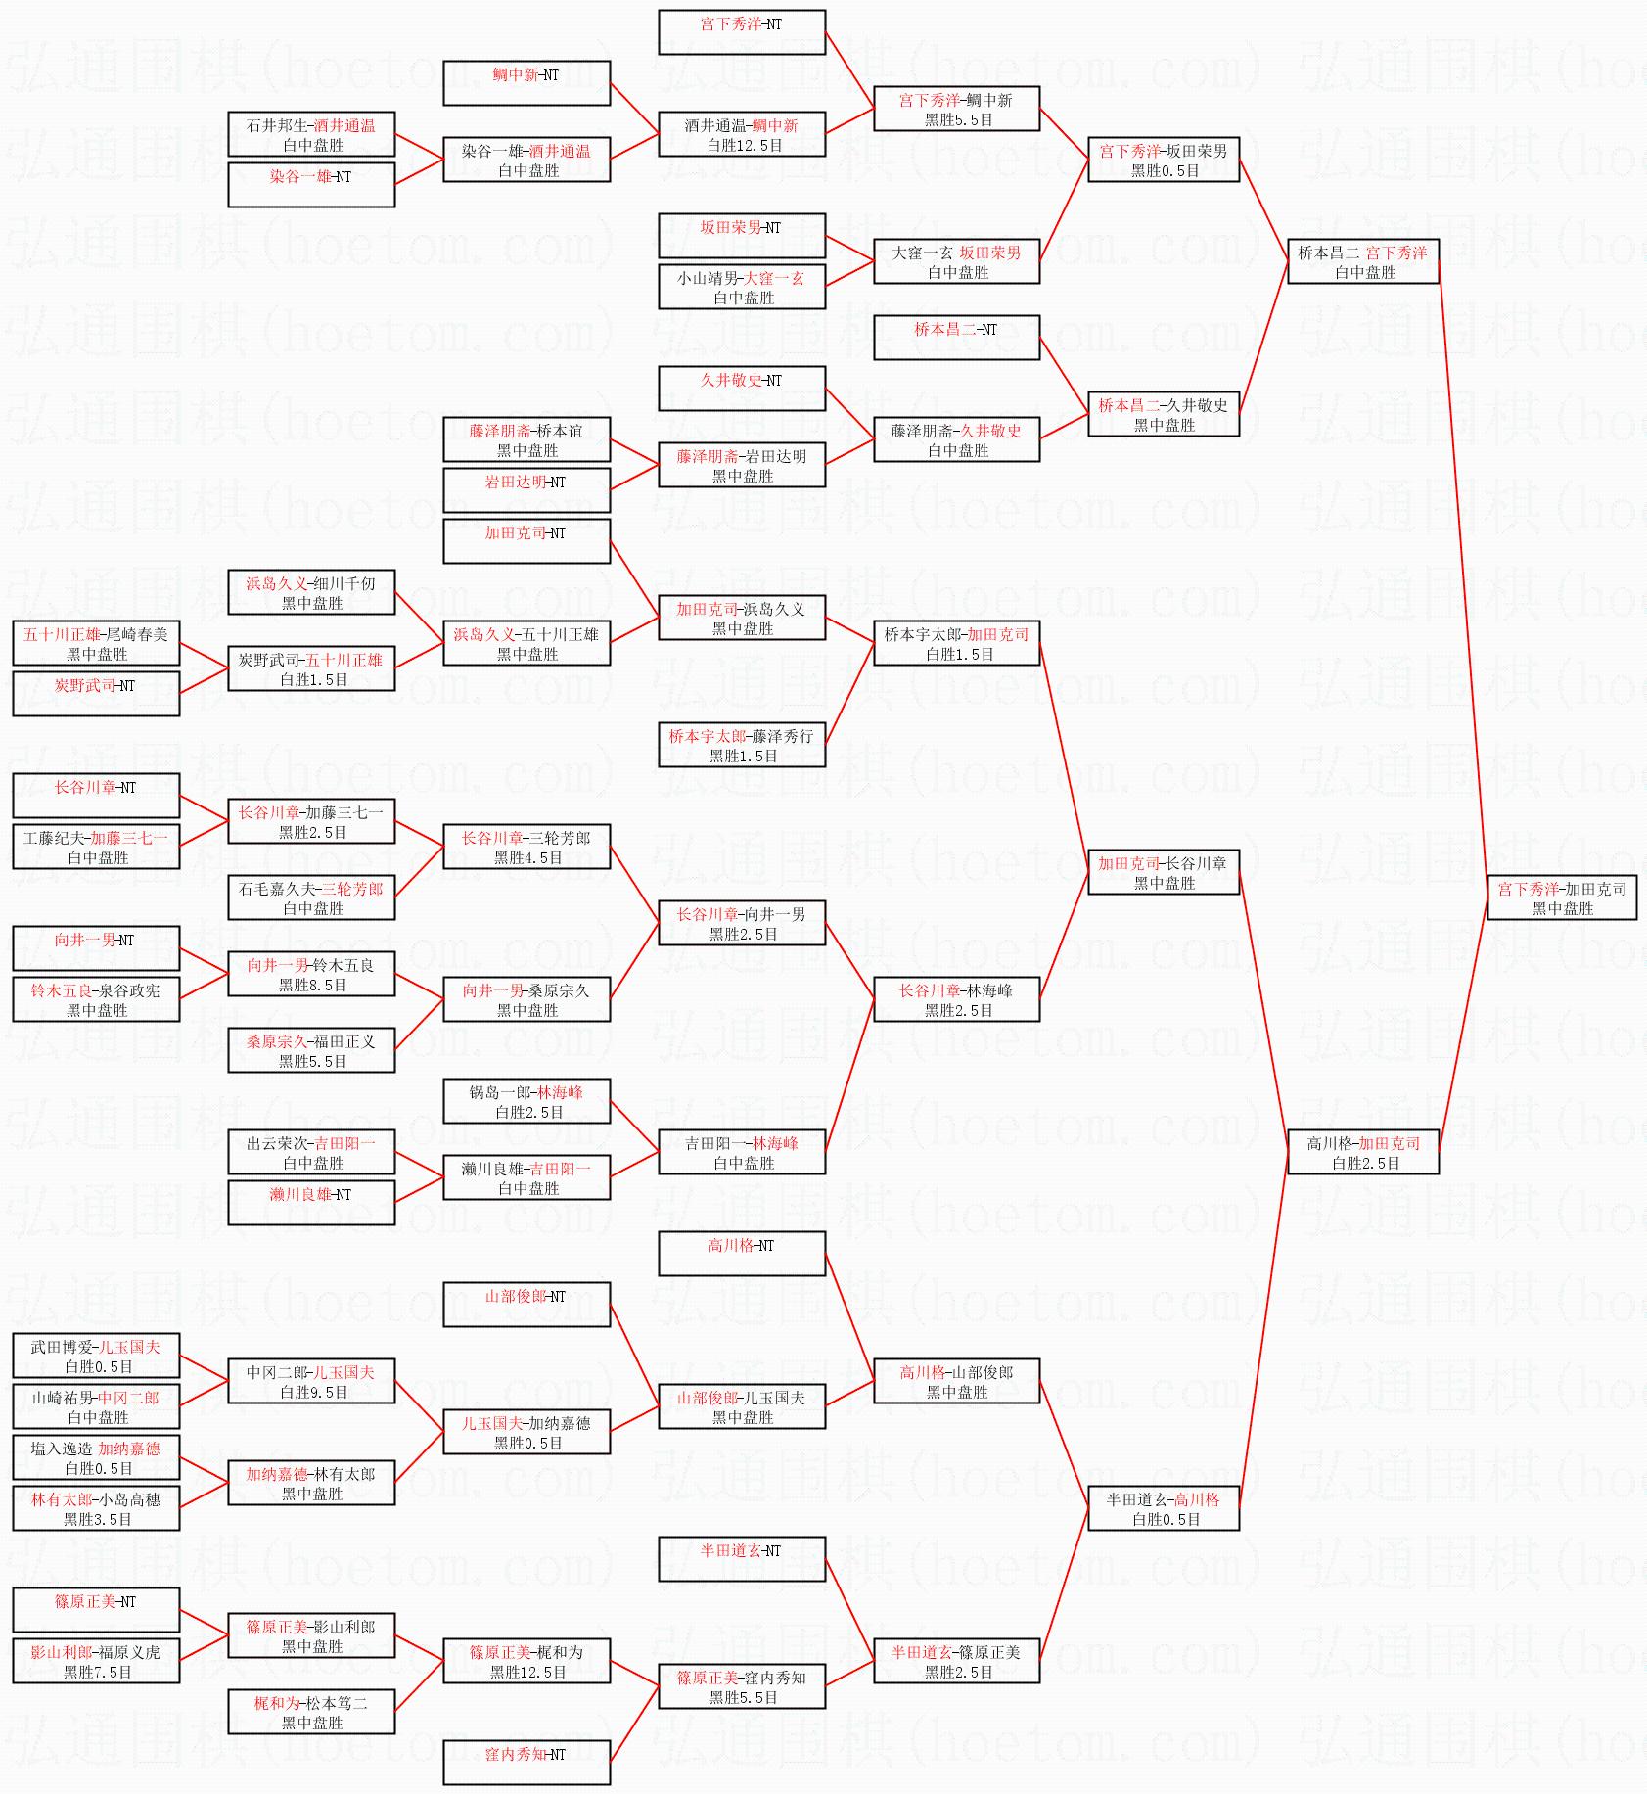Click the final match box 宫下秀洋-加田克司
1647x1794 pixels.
click(1561, 897)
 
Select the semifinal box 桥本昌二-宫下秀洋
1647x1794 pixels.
click(1362, 261)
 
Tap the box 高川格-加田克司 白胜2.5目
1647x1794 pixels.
click(1362, 1152)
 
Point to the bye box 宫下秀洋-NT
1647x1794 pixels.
click(741, 32)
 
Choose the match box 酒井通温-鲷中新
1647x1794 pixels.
click(741, 134)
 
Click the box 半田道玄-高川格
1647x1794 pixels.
click(1163, 1508)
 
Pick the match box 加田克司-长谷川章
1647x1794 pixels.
click(1163, 872)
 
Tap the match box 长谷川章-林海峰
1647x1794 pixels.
click(956, 999)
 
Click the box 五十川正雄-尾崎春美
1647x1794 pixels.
click(95, 643)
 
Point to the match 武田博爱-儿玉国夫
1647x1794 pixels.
click(95, 1356)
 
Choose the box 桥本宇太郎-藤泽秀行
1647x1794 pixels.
click(741, 745)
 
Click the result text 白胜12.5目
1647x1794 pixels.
click(744, 145)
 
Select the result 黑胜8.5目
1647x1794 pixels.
click(312, 985)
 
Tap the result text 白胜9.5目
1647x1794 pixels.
click(313, 1392)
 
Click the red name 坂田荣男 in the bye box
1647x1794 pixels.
click(726, 227)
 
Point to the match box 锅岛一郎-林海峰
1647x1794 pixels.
click(526, 1101)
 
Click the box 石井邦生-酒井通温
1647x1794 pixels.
click(310, 134)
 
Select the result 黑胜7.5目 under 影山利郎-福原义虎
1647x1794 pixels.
click(97, 1672)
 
